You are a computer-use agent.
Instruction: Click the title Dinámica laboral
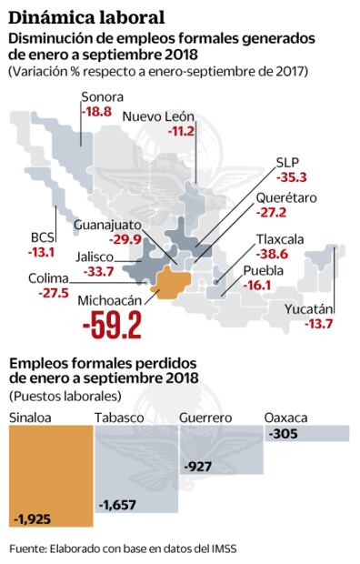pyautogui.click(x=87, y=15)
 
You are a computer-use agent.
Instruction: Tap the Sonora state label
pyautogui.click(x=102, y=97)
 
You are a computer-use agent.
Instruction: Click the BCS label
pyautogui.click(x=43, y=238)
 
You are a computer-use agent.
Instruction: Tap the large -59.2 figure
pyautogui.click(x=112, y=323)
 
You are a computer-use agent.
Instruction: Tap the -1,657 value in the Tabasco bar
pyautogui.click(x=119, y=504)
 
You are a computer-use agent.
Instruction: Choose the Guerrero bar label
pyautogui.click(x=205, y=418)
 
